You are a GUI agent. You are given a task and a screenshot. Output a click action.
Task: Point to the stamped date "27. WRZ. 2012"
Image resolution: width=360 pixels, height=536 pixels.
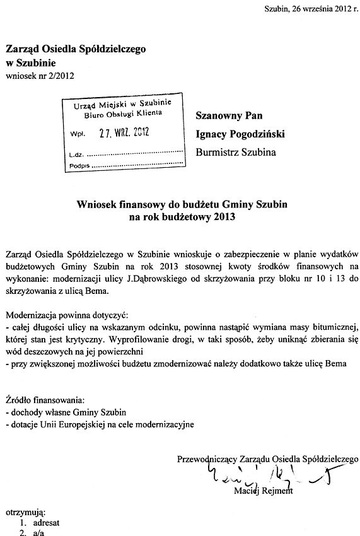(125, 134)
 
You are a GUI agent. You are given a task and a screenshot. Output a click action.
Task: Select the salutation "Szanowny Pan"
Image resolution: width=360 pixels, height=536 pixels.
(229, 115)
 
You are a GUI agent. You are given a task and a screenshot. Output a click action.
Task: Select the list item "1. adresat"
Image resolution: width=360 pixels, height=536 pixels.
(36, 523)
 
